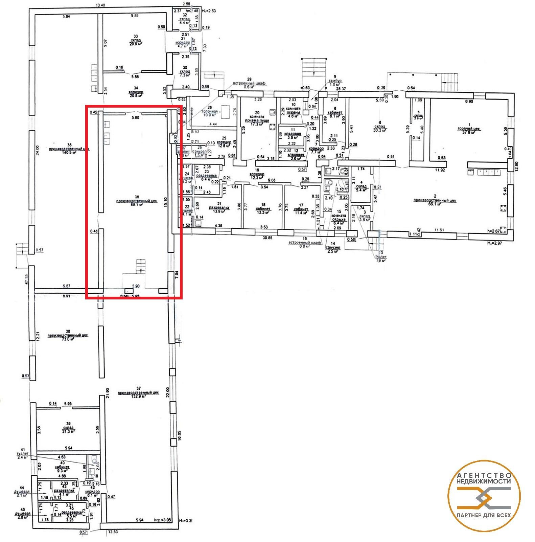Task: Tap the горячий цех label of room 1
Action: pyautogui.click(x=468, y=129)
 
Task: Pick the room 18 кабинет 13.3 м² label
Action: pyautogui.click(x=264, y=209)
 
